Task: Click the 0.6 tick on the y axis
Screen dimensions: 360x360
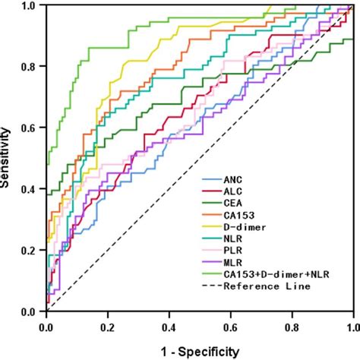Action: point(29,128)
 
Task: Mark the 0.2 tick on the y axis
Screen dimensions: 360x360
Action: point(29,251)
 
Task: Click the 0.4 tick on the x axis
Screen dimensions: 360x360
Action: point(169,326)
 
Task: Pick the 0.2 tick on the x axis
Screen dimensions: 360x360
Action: point(108,326)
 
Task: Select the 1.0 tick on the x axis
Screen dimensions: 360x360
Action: point(351,326)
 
